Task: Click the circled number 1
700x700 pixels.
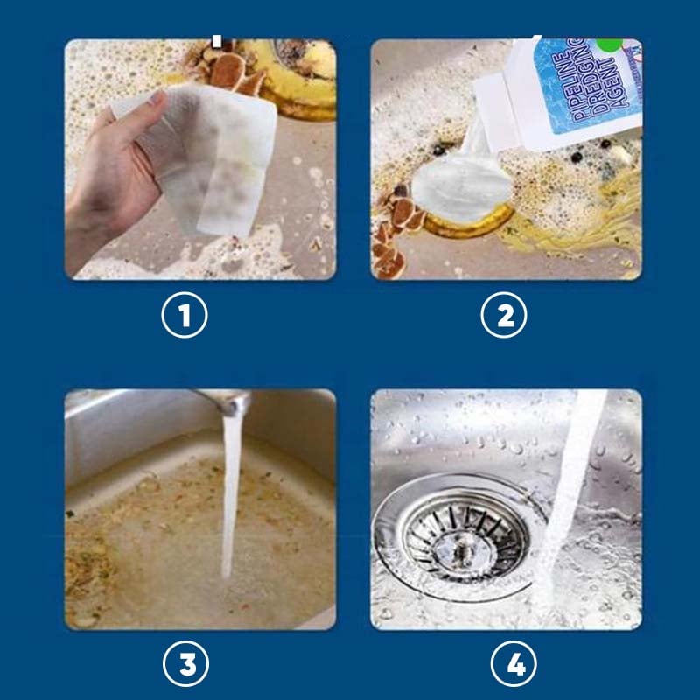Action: tap(185, 315)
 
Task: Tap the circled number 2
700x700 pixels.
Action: tap(504, 315)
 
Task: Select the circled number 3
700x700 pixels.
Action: tap(185, 663)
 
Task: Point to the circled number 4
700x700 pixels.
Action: tap(514, 663)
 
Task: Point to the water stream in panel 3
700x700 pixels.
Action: tap(231, 495)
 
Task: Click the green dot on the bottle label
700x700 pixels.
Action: tap(610, 44)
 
